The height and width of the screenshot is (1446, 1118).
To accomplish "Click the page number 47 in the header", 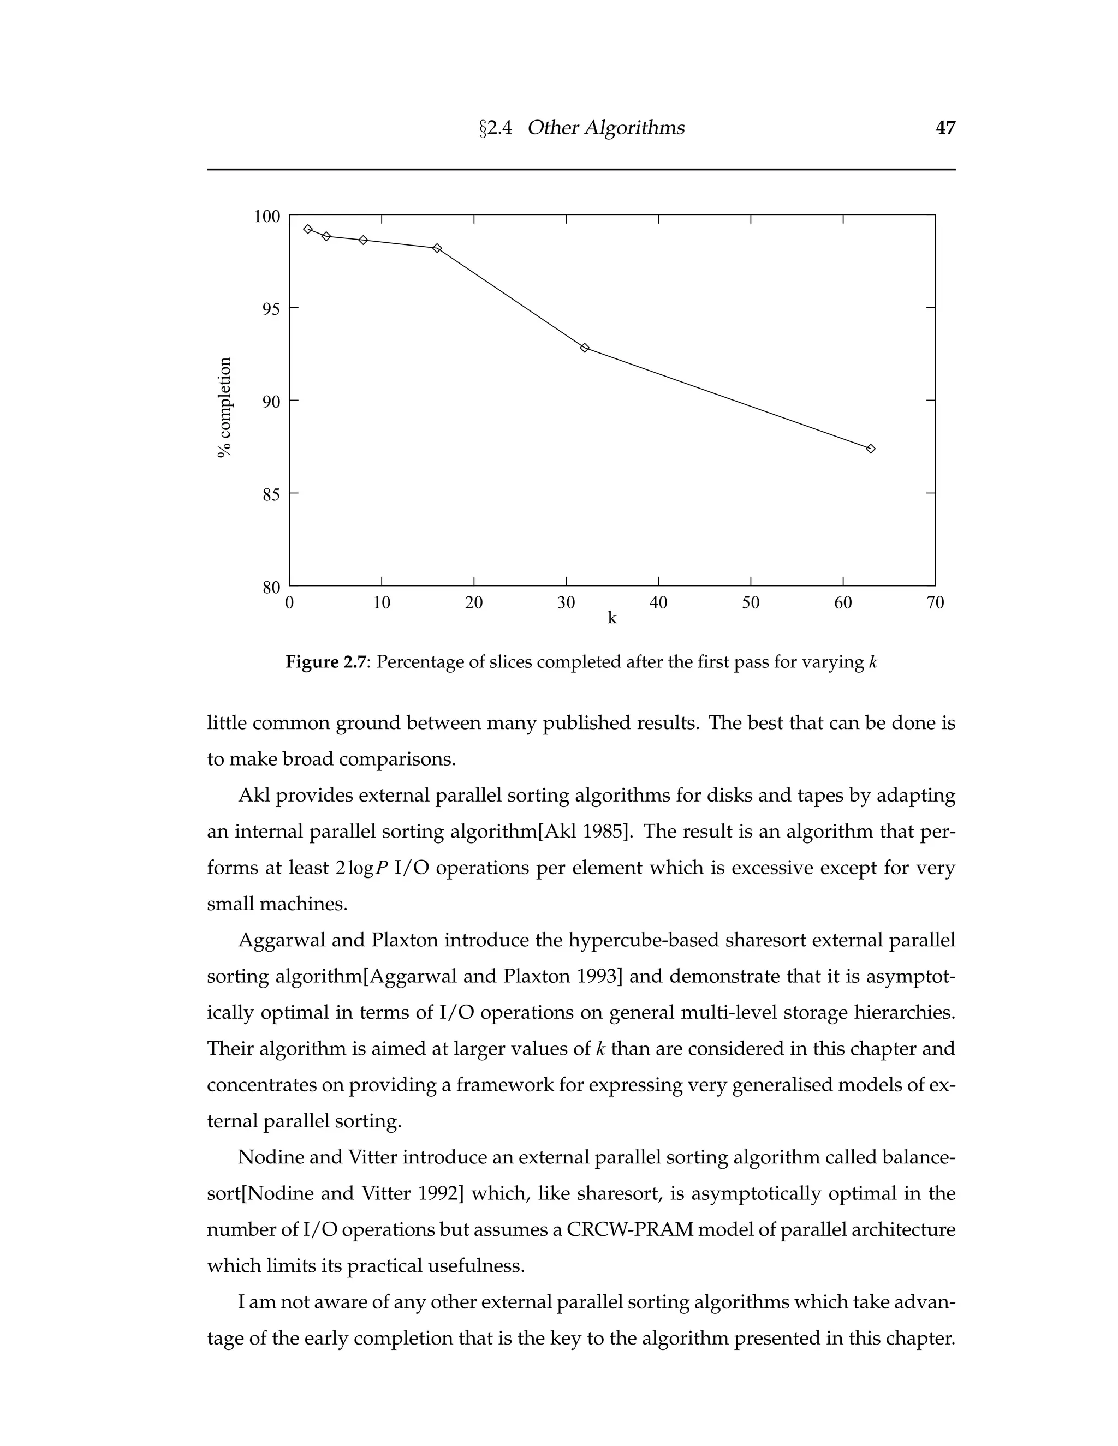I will pos(945,127).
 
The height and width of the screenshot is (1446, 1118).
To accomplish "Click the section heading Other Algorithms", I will pos(605,127).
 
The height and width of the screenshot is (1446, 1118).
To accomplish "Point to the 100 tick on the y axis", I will pos(267,217).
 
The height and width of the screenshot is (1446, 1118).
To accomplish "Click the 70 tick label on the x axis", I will pos(935,602).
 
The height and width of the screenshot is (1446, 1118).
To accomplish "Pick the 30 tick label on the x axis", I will pos(566,602).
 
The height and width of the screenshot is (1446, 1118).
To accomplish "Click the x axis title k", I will pos(612,618).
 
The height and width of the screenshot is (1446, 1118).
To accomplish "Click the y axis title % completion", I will pos(225,407).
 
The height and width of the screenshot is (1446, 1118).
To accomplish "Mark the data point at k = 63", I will pos(870,448).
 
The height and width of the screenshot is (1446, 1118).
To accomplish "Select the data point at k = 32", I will pos(584,348).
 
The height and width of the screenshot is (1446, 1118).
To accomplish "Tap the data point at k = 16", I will pos(437,248).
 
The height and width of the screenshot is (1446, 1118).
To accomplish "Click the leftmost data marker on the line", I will pos(307,229).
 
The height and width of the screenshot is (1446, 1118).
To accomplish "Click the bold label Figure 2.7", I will pos(325,662).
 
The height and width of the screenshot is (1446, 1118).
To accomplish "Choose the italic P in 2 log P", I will pos(382,868).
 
